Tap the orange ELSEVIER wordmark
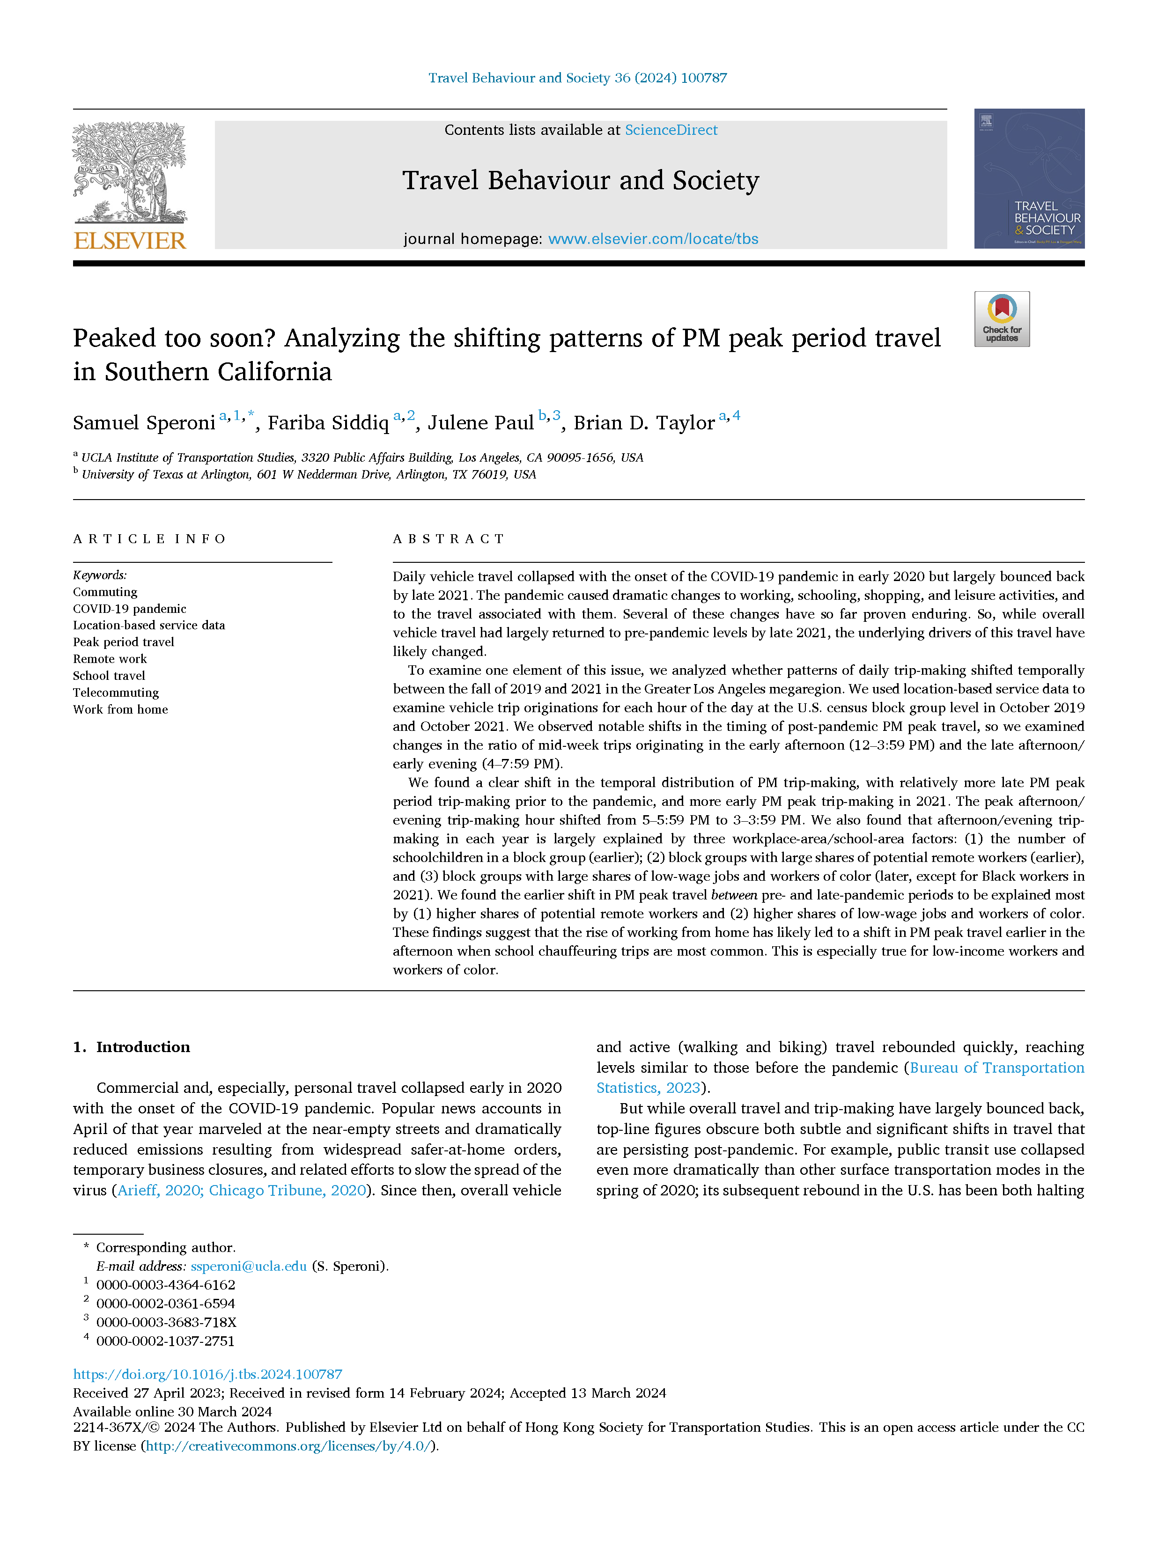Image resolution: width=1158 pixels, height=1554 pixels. (130, 240)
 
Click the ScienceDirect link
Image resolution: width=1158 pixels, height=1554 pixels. (671, 130)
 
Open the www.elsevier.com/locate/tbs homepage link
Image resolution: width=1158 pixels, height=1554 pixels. (653, 239)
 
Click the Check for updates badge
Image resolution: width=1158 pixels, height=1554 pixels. (1002, 319)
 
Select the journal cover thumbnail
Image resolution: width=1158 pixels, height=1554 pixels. (1029, 179)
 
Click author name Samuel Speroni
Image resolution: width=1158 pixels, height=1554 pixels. (144, 423)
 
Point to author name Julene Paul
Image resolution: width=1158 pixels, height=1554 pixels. (481, 423)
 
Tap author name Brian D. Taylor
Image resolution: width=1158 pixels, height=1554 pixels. (643, 423)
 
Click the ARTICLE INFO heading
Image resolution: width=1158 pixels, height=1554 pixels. (149, 538)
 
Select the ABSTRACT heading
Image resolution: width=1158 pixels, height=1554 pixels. (449, 538)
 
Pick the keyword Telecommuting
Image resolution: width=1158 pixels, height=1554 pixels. (116, 692)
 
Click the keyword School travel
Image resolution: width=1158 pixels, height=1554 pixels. (109, 676)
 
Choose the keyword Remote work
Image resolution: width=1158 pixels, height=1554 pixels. (110, 659)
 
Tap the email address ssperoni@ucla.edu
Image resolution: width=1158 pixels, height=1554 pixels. (249, 1266)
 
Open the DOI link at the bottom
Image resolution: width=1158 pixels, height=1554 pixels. (207, 1374)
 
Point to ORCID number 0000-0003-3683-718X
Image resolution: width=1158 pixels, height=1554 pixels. (166, 1322)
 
